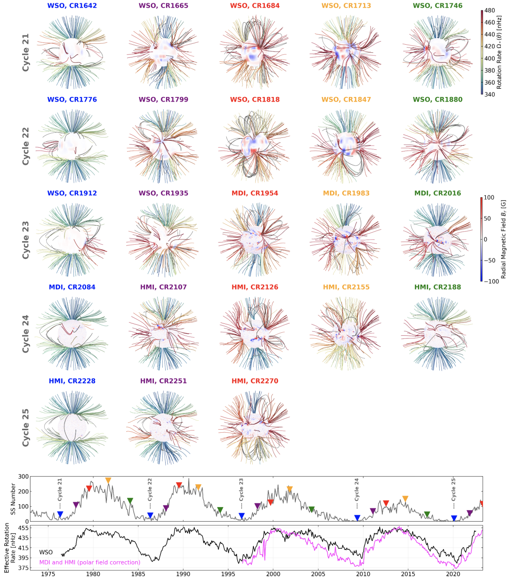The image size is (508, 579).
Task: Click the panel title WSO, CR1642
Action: click(72, 6)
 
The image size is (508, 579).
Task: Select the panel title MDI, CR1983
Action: click(346, 193)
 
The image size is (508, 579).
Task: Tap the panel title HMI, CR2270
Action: click(255, 381)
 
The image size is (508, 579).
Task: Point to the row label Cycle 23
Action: click(26, 240)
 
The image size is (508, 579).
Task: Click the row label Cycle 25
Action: click(26, 427)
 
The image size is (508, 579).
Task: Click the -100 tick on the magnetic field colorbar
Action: click(489, 281)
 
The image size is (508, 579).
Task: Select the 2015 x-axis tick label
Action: click(408, 574)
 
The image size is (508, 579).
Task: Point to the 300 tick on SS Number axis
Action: click(24, 477)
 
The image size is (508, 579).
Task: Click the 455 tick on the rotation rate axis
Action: click(24, 528)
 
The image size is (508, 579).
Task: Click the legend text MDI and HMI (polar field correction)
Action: click(90, 562)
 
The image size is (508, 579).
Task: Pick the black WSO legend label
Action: click(46, 552)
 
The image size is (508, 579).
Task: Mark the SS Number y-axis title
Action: click(13, 499)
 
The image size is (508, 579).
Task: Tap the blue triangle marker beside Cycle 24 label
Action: click(357, 518)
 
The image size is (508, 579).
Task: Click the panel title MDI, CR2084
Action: click(72, 287)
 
